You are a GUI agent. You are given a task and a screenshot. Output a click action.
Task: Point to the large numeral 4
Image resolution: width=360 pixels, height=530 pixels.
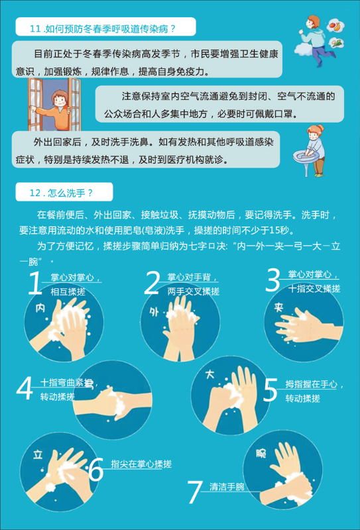pos(25,390)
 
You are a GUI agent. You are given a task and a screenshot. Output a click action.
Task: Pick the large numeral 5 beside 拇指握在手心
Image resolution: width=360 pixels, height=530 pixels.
pos(270,390)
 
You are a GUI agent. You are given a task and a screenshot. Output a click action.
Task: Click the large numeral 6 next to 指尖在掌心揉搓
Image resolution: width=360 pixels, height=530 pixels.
pos(96,470)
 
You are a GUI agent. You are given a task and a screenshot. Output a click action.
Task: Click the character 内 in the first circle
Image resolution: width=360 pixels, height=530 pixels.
pos(40,307)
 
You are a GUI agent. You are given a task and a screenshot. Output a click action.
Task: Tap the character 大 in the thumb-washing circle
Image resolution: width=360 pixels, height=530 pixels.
pos(210,374)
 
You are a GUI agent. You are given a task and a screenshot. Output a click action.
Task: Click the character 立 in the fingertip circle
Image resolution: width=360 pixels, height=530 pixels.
pos(38,454)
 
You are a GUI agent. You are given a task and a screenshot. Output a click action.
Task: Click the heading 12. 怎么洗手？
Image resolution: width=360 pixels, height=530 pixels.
pos(61,193)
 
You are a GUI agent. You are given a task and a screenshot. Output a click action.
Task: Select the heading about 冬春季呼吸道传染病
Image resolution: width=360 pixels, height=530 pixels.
pos(103,28)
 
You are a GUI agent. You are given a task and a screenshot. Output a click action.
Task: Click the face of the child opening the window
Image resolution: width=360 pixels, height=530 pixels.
pos(60,99)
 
